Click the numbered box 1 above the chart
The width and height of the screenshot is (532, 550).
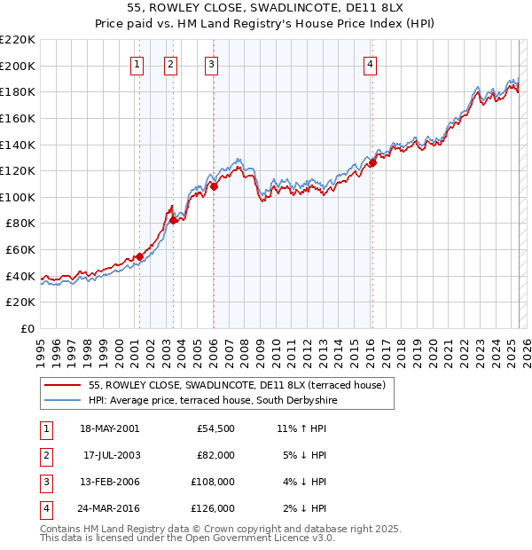click(138, 63)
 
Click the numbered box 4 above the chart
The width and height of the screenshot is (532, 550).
click(370, 63)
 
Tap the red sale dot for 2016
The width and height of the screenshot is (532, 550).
click(372, 162)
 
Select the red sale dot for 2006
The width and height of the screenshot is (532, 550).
click(214, 186)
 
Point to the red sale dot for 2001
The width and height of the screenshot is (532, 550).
click(139, 256)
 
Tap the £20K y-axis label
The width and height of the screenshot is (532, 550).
click(21, 302)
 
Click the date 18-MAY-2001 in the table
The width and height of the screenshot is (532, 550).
click(109, 428)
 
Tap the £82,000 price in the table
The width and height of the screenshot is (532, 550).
click(215, 455)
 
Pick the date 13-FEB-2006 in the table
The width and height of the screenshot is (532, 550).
click(109, 482)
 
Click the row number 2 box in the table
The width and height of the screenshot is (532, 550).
click(45, 455)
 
